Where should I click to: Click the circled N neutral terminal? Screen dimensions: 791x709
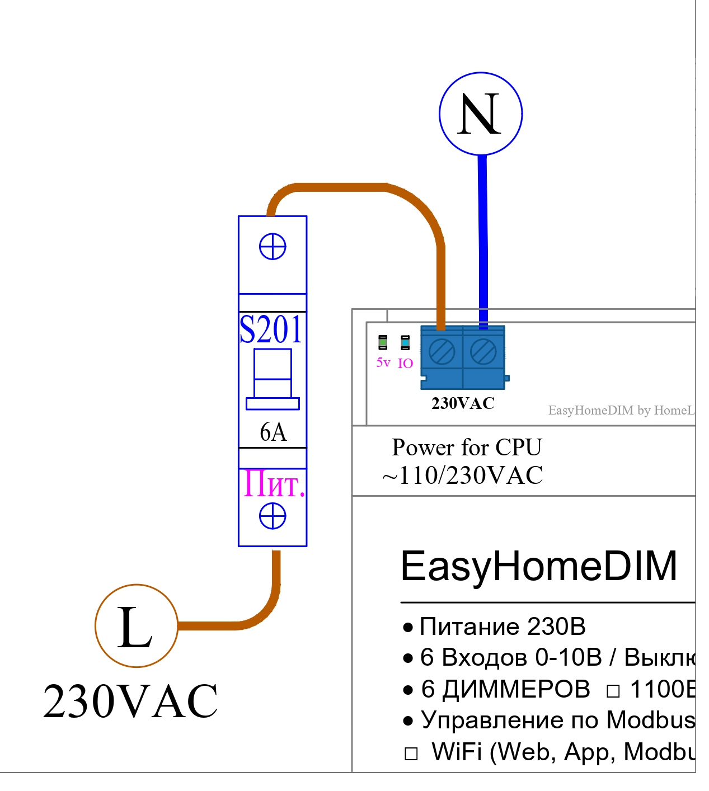tap(481, 114)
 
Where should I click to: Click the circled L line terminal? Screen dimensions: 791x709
tap(137, 625)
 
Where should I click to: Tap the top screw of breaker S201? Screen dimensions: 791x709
tap(273, 247)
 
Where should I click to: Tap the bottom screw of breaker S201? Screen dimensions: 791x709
tap(273, 516)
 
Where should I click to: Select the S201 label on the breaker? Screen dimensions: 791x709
tap(271, 329)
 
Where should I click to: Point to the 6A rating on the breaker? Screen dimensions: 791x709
tap(273, 432)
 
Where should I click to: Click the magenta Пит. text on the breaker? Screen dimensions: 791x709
tap(274, 484)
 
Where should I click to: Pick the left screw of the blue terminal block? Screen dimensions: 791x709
tap(442, 352)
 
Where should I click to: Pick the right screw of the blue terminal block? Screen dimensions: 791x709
tap(483, 352)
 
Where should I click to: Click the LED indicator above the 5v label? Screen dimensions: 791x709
tap(383, 342)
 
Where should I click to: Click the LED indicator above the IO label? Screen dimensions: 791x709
tap(405, 342)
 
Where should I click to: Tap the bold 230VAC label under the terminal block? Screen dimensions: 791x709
tap(463, 403)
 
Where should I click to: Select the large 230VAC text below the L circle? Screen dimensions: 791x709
tap(130, 701)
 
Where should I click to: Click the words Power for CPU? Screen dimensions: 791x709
tap(467, 448)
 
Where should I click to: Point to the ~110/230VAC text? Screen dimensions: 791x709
tap(462, 475)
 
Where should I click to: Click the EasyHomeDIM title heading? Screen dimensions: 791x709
tap(539, 566)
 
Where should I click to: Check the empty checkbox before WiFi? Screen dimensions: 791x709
tap(411, 754)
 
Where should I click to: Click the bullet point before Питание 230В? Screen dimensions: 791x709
tap(408, 627)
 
